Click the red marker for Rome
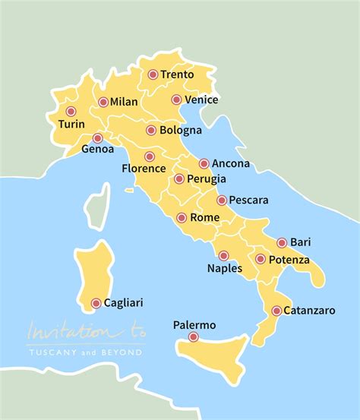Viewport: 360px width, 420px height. tap(182, 218)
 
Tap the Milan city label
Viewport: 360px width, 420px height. tap(125, 102)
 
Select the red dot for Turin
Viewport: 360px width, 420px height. tap(71, 112)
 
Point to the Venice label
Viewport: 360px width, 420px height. tap(202, 99)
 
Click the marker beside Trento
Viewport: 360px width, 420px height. tap(153, 74)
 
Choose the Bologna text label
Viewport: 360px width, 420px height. tap(182, 131)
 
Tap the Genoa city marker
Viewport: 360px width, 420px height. tap(97, 138)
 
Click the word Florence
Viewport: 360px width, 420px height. tap(144, 169)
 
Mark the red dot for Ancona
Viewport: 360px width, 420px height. tap(204, 163)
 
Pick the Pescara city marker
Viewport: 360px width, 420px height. tap(221, 201)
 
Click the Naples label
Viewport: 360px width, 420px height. tap(225, 268)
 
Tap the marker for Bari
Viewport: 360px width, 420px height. tap(282, 243)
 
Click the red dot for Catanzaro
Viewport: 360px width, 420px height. tap(276, 311)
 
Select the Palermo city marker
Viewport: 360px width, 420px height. tap(194, 337)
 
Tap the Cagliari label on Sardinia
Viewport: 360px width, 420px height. tap(123, 303)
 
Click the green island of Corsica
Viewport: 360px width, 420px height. tap(96, 204)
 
